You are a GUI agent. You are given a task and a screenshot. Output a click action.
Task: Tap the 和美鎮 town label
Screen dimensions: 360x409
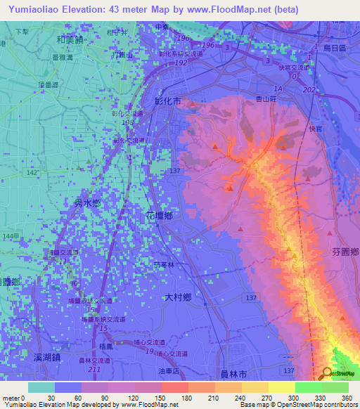tap(69, 41)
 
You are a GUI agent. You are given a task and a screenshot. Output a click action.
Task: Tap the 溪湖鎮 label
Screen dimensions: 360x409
tap(49, 358)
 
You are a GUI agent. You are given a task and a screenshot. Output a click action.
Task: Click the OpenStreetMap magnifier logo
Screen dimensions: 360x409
tap(326, 373)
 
